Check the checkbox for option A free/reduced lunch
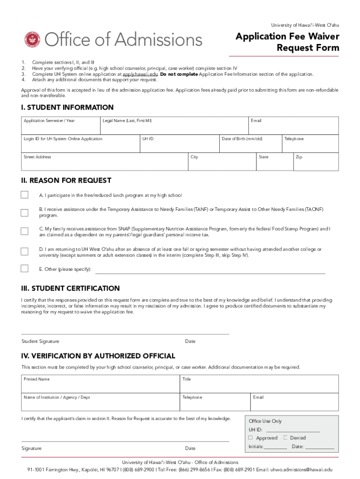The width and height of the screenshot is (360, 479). [x=24, y=195]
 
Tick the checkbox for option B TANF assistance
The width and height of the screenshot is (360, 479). [x=24, y=213]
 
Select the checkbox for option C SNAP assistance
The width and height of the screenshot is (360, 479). [x=24, y=232]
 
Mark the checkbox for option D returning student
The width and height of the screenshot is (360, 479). [x=24, y=252]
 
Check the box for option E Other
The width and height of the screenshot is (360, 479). [x=24, y=269]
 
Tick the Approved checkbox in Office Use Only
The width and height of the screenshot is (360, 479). [x=251, y=438]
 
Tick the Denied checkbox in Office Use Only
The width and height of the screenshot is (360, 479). [x=285, y=438]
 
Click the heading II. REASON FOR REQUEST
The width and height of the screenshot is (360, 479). [x=66, y=181]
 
